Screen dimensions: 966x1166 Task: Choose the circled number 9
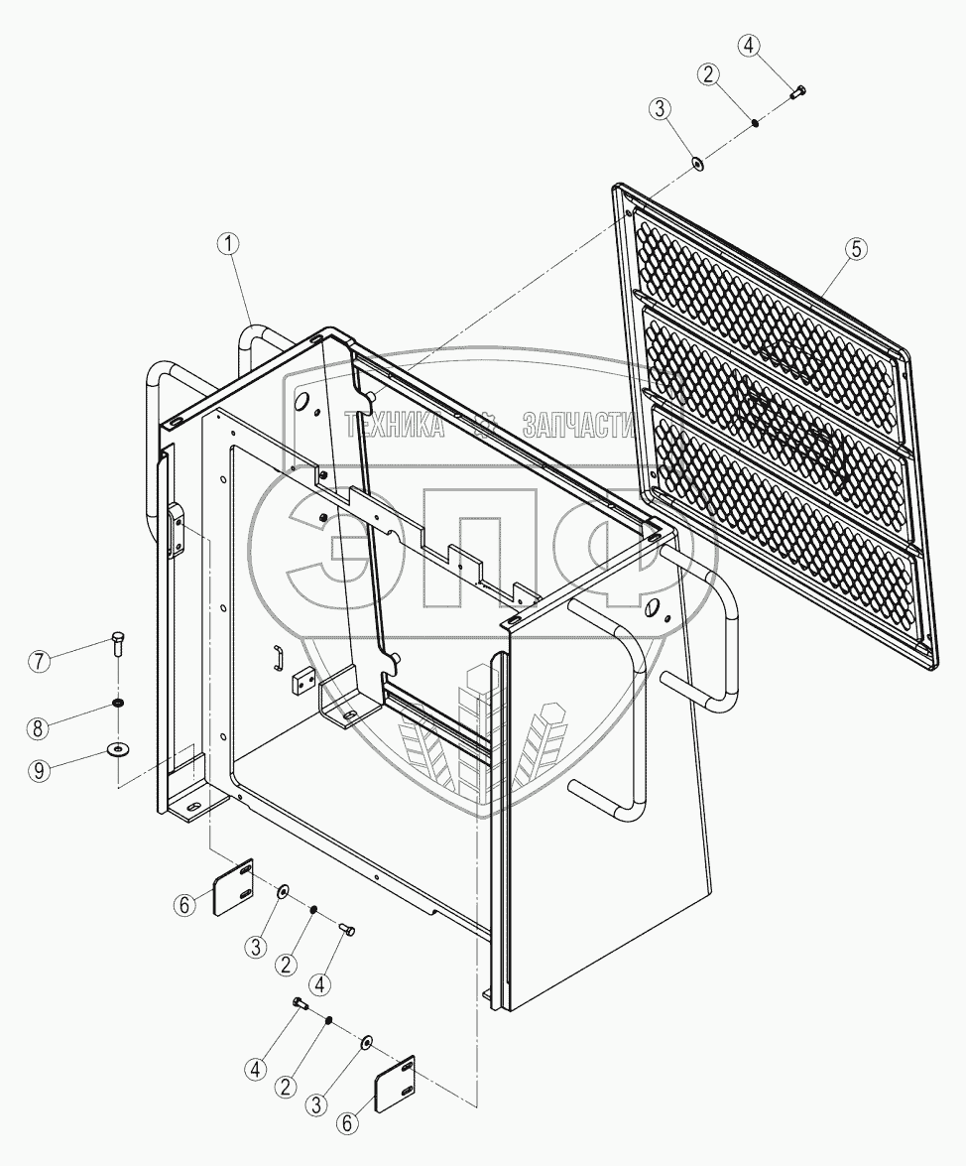point(38,772)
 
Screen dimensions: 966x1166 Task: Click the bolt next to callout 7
point(119,645)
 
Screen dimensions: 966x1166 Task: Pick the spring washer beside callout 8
point(118,704)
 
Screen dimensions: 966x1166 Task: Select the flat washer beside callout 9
point(118,747)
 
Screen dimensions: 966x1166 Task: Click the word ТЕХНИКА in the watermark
point(393,426)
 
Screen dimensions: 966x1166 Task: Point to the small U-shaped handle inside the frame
point(280,655)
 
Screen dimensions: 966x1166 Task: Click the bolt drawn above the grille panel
point(797,92)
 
